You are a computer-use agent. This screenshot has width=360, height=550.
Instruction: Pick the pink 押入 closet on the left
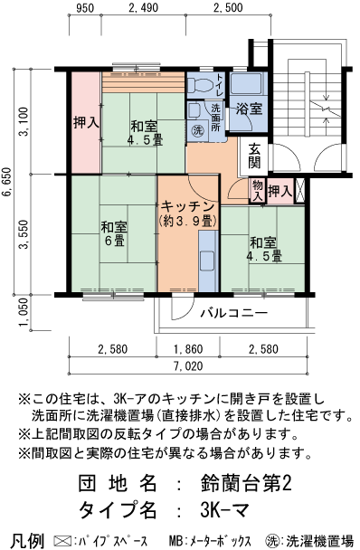click(x=86, y=122)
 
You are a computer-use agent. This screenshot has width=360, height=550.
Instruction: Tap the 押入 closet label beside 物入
click(x=281, y=191)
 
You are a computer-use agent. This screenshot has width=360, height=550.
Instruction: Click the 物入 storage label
click(x=257, y=191)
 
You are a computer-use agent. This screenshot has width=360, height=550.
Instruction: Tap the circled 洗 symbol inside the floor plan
click(x=198, y=130)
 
